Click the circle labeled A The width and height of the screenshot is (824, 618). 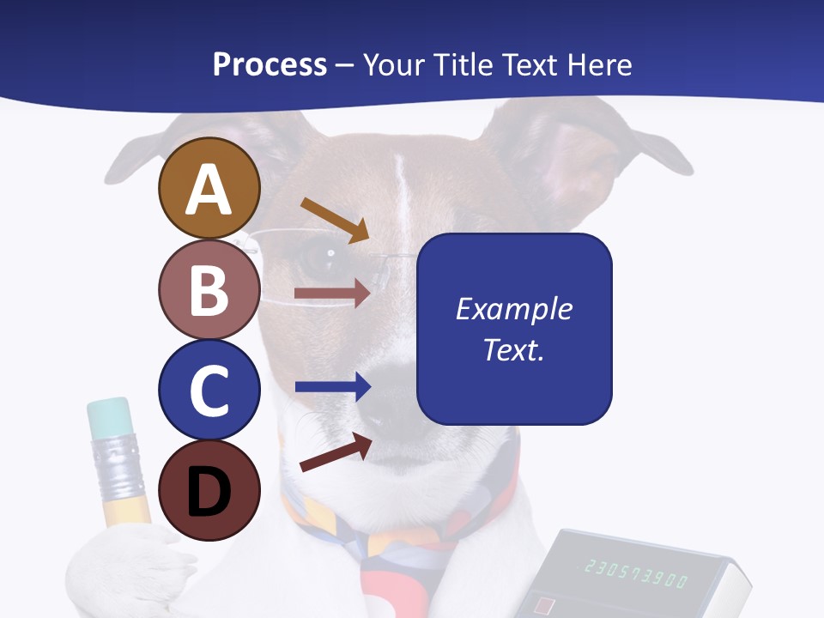pos(209,189)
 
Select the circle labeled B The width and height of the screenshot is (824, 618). pos(209,289)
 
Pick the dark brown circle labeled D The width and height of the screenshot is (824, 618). pos(209,490)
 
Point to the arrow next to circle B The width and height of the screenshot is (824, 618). pos(332,294)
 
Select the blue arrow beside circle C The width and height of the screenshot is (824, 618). pos(332,387)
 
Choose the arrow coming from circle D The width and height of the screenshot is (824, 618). pos(336,452)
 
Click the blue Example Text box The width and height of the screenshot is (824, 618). pos(514,330)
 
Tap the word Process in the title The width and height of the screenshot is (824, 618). pos(270,64)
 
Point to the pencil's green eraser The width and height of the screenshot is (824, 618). pos(109,416)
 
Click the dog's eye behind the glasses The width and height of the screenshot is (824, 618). pos(324,254)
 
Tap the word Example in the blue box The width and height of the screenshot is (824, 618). pos(514,309)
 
